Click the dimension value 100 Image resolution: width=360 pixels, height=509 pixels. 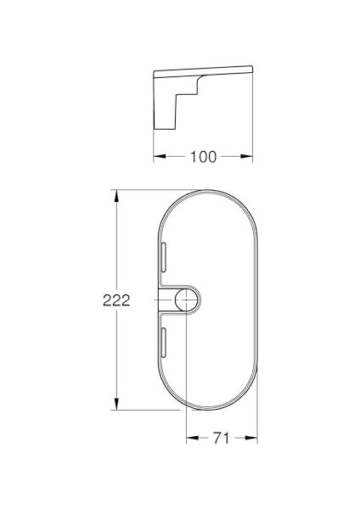(x=204, y=156)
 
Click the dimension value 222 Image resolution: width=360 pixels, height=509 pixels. (x=115, y=300)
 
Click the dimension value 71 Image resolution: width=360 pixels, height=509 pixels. (x=222, y=438)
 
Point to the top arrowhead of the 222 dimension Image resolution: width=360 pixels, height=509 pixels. (x=115, y=194)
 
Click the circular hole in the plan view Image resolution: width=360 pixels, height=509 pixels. (x=186, y=299)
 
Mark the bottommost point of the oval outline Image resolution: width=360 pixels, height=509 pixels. (x=207, y=410)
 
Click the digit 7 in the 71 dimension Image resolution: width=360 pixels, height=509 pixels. (x=217, y=438)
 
